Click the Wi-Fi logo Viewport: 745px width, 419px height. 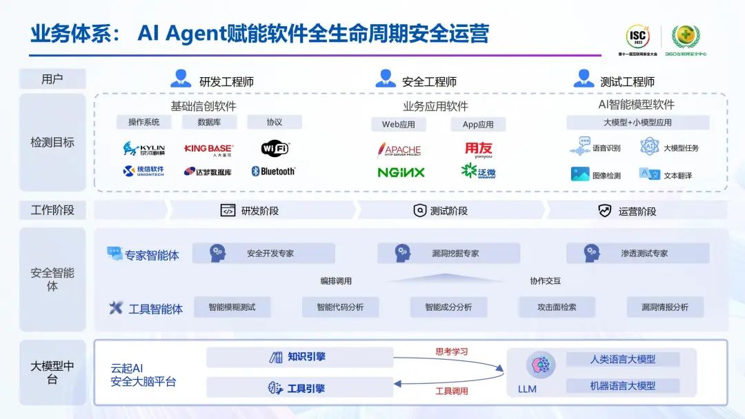click(275, 148)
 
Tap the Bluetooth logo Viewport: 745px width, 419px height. click(273, 171)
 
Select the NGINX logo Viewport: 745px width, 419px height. click(401, 172)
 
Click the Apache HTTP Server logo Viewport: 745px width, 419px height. click(399, 149)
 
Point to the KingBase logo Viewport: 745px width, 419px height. click(209, 148)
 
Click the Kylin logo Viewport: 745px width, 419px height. click(143, 148)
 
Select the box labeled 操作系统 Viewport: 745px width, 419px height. click(143, 122)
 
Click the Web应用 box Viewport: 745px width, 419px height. click(399, 125)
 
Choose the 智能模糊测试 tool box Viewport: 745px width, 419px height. click(232, 307)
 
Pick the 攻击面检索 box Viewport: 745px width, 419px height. click(557, 307)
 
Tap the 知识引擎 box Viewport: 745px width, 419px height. click(299, 357)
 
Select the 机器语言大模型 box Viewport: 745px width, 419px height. click(622, 386)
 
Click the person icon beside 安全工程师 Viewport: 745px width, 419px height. click(386, 79)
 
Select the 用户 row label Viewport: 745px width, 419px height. click(52, 79)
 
